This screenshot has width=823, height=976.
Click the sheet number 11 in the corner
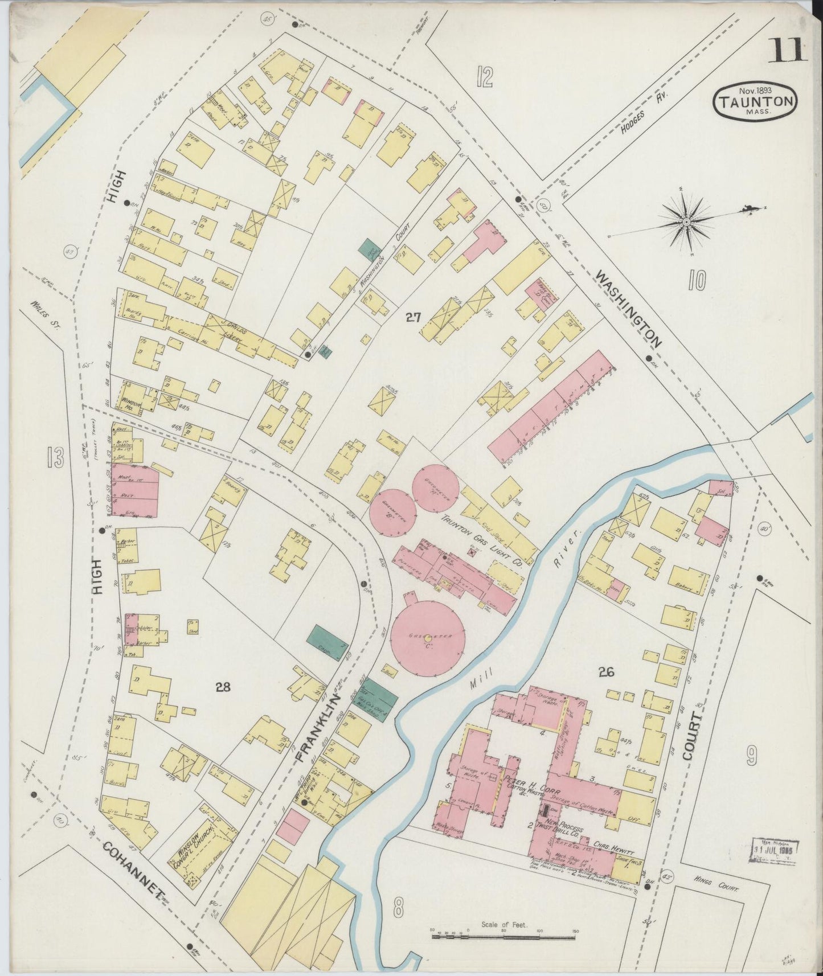click(x=788, y=50)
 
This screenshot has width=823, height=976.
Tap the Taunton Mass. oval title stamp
click(x=755, y=102)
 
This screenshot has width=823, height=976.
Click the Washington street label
click(x=629, y=309)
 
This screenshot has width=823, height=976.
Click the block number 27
click(x=413, y=317)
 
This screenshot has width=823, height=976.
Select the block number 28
click(x=223, y=687)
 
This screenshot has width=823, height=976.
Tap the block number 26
click(x=605, y=672)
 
